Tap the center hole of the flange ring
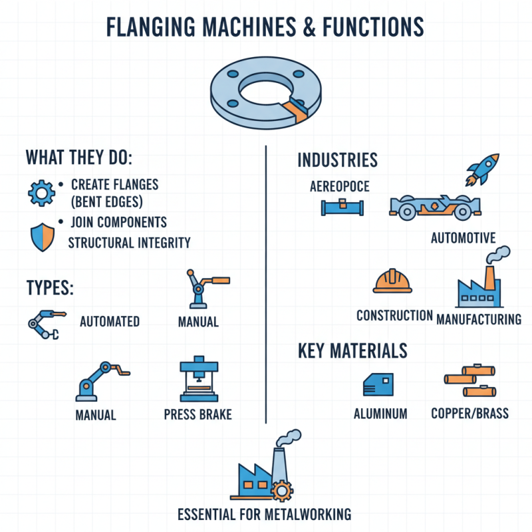pyautogui.click(x=266, y=92)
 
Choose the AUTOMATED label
pyautogui.click(x=110, y=322)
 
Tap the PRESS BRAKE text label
pyautogui.click(x=198, y=414)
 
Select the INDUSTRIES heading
pyautogui.click(x=337, y=160)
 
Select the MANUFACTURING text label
pyautogui.click(x=479, y=319)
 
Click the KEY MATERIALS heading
pyautogui.click(x=352, y=350)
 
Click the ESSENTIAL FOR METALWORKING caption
pyautogui.click(x=265, y=514)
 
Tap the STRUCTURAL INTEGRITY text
pyautogui.click(x=129, y=243)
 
